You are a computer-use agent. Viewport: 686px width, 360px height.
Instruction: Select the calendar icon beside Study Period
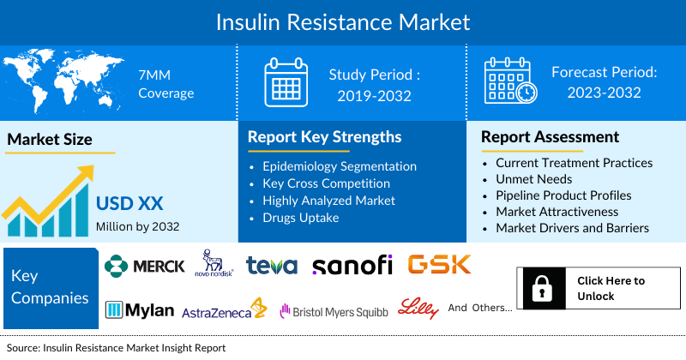pyautogui.click(x=286, y=82)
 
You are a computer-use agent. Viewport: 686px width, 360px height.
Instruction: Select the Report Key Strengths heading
pyautogui.click(x=324, y=137)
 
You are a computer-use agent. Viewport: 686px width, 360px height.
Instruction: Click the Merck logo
pyautogui.click(x=144, y=266)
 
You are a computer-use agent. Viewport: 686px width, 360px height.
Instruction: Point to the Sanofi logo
pyautogui.click(x=352, y=266)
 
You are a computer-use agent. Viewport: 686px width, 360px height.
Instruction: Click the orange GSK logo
pyautogui.click(x=440, y=265)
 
